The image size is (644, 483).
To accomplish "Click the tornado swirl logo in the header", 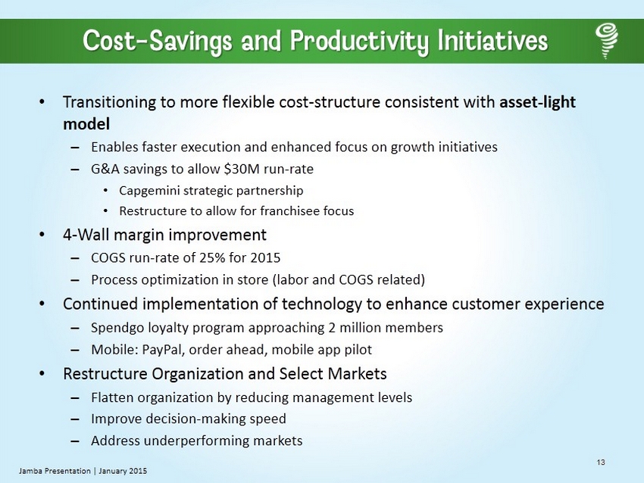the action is (x=607, y=41).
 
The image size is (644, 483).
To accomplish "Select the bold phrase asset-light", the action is (x=537, y=101).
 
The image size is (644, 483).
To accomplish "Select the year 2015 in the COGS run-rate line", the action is (x=265, y=257).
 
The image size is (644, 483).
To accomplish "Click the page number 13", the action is (x=601, y=463).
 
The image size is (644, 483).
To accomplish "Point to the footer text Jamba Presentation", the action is (x=55, y=471).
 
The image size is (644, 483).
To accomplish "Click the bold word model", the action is (x=86, y=124).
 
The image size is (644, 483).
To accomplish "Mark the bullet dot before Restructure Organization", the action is (x=42, y=374).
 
